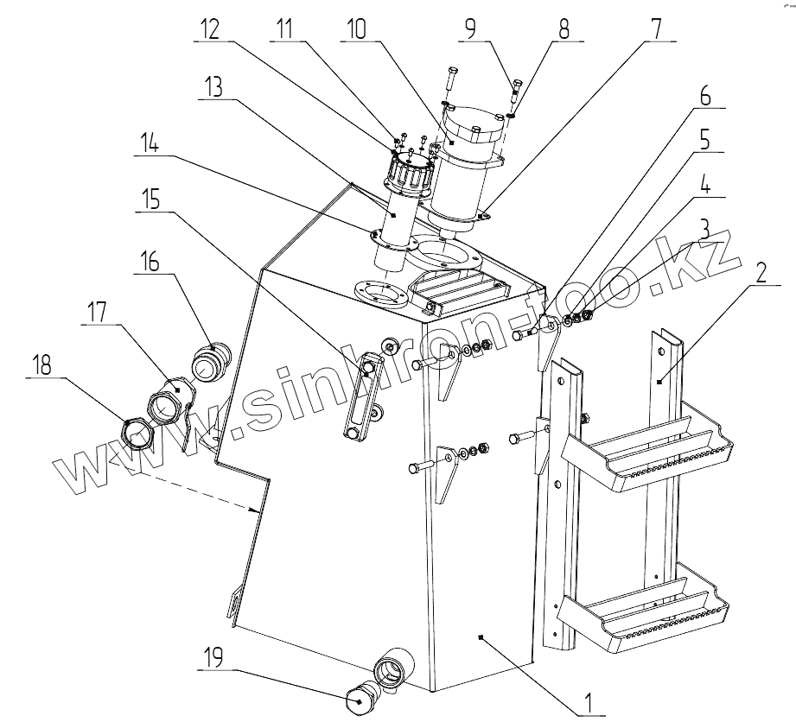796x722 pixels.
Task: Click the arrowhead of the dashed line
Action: (257, 511)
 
